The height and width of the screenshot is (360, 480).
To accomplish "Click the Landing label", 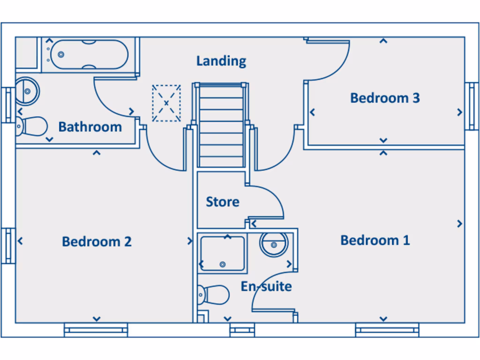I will click(x=221, y=61).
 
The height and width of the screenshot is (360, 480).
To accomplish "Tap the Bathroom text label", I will click(x=90, y=127).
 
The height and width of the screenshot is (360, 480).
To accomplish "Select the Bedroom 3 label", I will click(x=385, y=98).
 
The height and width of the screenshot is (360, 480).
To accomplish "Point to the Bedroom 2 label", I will click(x=97, y=241).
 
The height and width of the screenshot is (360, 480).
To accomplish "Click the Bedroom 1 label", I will click(x=375, y=240).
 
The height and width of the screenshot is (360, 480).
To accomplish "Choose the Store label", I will click(x=223, y=202).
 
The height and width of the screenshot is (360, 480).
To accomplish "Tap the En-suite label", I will click(x=266, y=286).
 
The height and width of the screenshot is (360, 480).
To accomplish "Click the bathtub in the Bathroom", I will click(x=89, y=54).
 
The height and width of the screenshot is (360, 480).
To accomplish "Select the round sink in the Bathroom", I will click(x=27, y=90).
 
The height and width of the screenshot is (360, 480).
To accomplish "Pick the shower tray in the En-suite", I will click(x=222, y=254).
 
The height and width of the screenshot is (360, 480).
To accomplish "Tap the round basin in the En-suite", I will click(x=274, y=244).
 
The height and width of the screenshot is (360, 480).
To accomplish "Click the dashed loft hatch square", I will click(x=166, y=103).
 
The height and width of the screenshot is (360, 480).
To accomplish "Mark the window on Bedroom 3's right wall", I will click(x=471, y=105).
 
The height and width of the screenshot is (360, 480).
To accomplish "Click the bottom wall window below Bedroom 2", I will click(x=96, y=330).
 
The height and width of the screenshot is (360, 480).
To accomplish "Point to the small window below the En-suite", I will click(x=242, y=330).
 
